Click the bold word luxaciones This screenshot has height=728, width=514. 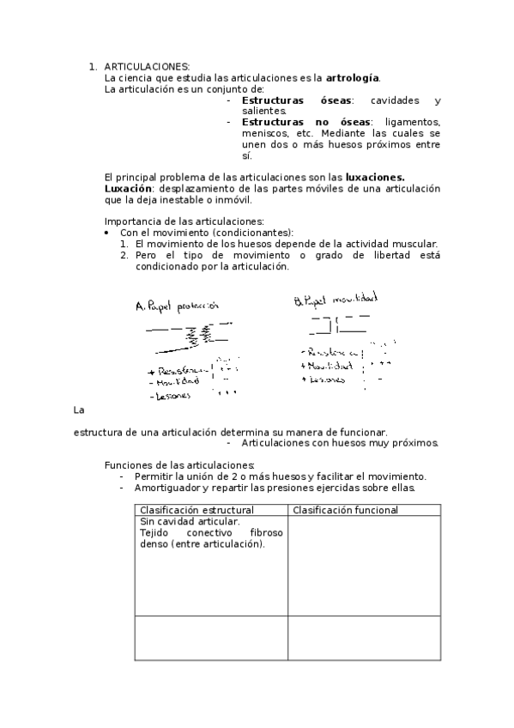(x=375, y=177)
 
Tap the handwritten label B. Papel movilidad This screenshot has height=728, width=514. (x=336, y=300)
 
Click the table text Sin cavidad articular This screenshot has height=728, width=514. (x=190, y=521)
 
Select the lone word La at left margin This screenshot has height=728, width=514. (x=81, y=409)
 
